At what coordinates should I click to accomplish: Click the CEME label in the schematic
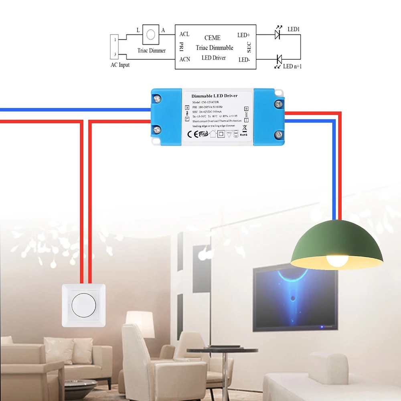(x=212, y=38)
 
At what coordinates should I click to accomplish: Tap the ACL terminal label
(x=184, y=34)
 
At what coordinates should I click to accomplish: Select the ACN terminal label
(x=185, y=59)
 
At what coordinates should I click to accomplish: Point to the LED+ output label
(x=243, y=35)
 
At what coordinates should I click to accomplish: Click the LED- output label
(x=244, y=60)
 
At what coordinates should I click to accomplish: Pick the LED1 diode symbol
(x=277, y=34)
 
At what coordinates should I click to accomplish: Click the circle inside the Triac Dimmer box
(x=151, y=34)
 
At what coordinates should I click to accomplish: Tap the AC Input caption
(x=120, y=65)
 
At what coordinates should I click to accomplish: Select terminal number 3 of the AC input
(x=115, y=55)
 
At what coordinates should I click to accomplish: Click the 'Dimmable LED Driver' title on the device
(x=215, y=96)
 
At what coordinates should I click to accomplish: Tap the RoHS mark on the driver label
(x=244, y=135)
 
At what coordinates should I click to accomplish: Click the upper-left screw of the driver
(x=157, y=97)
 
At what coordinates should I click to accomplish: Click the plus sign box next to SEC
(x=246, y=108)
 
